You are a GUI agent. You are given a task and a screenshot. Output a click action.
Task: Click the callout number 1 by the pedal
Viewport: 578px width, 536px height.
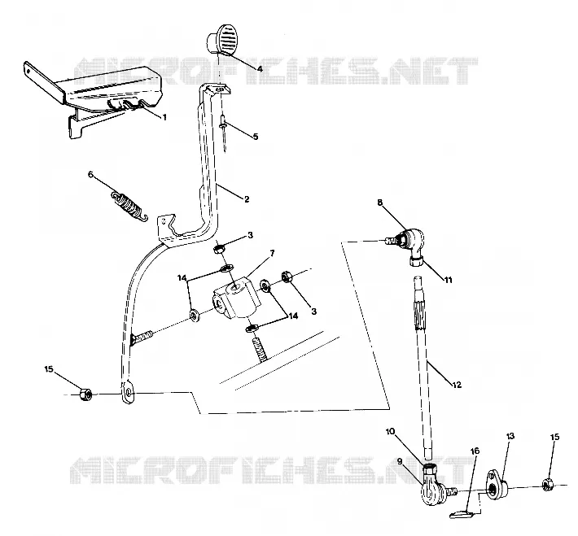coord(164,117)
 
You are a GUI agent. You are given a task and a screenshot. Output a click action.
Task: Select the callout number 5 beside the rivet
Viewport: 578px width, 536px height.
coord(255,137)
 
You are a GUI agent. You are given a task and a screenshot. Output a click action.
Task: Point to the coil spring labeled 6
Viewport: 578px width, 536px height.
coord(129,206)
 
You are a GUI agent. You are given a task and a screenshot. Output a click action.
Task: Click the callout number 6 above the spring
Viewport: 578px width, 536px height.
coord(90,174)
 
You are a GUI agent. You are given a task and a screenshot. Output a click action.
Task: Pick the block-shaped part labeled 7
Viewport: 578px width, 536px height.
coord(234,298)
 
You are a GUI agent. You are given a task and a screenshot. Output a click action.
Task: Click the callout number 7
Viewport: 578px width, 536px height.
coord(272,254)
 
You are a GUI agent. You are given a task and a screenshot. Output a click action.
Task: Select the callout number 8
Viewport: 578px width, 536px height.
coord(380,202)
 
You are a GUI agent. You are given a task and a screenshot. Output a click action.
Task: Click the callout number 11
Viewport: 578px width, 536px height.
coord(448,280)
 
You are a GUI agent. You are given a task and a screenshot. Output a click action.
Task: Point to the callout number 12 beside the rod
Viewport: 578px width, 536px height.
coord(457,385)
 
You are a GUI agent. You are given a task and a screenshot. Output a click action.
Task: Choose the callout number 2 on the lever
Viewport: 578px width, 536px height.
coord(247,199)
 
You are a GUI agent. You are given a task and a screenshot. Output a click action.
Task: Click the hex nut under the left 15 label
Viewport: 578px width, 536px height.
coord(85,394)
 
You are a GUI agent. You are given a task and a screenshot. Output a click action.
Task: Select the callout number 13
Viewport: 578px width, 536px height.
coord(510,436)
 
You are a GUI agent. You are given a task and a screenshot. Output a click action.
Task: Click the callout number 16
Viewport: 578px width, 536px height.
coord(475,451)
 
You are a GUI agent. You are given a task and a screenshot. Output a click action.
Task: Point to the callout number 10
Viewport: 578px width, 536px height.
coord(391,431)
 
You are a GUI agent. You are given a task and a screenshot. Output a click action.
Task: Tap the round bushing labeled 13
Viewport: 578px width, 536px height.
coord(498,485)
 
